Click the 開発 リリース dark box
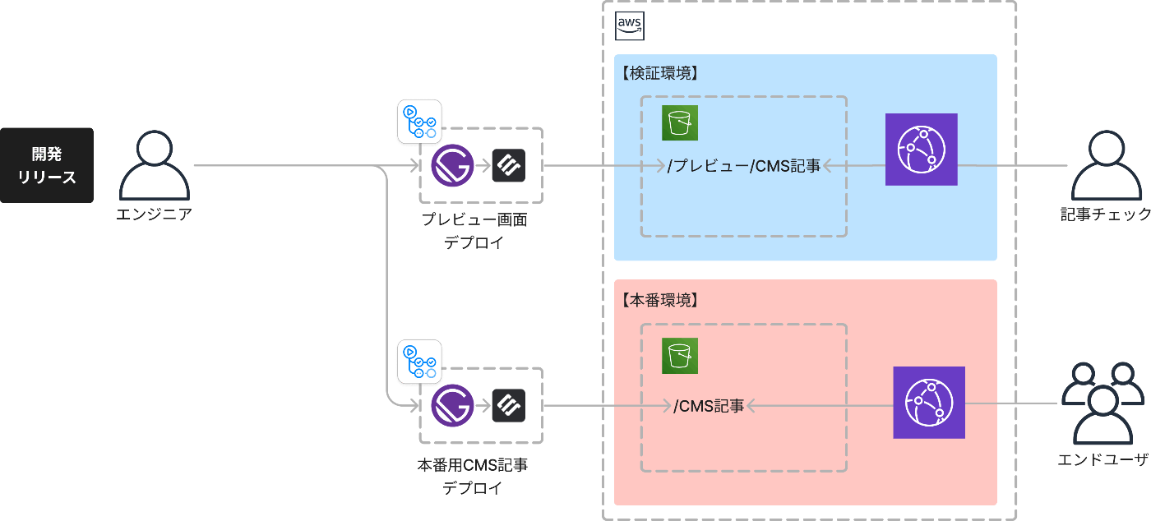(x=47, y=165)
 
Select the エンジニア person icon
(x=155, y=166)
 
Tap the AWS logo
(x=630, y=26)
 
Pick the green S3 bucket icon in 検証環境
(x=680, y=123)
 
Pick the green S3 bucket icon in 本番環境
(x=680, y=356)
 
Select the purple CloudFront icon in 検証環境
(x=922, y=150)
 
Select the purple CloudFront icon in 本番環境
(x=929, y=403)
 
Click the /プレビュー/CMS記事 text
(x=744, y=166)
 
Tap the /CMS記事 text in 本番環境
(x=709, y=405)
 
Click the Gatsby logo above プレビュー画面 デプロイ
(x=452, y=166)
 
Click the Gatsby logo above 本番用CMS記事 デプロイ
(x=452, y=405)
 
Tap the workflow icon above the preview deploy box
(x=419, y=122)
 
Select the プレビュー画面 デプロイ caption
(x=474, y=231)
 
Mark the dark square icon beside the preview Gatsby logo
(x=508, y=166)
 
